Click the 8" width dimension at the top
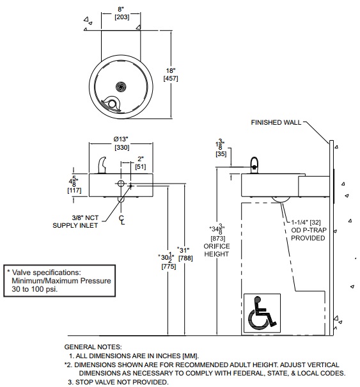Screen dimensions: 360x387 point(121,10)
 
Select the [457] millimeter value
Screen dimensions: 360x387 point(171,79)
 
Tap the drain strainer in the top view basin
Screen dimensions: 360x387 point(121,86)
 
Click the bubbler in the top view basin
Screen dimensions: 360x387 point(111,103)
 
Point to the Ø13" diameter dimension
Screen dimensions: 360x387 point(121,139)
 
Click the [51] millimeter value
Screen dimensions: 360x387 point(141,167)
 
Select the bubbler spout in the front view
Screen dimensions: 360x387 point(102,165)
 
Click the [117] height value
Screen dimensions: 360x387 point(74,191)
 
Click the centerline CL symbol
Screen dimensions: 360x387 point(121,220)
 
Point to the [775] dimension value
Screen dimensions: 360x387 point(169,267)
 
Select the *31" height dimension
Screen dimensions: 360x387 point(183,250)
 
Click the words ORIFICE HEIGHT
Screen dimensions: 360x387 point(217,250)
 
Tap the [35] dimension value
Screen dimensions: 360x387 point(221,154)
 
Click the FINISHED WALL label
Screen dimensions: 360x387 point(276,122)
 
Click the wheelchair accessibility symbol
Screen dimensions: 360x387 point(262,313)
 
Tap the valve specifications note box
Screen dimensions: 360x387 point(59,281)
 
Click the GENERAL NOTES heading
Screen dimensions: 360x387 point(93,347)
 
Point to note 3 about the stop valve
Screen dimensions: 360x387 point(118,382)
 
